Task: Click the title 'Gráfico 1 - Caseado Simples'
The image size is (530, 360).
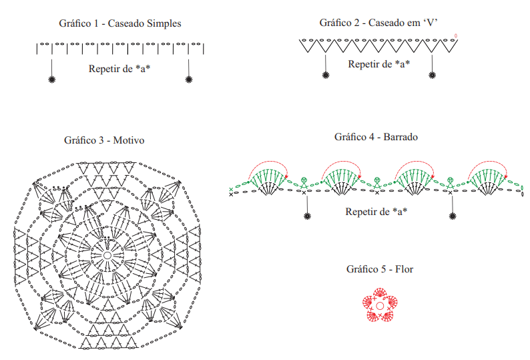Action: click(x=120, y=23)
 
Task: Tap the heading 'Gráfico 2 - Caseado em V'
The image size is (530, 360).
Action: click(x=378, y=23)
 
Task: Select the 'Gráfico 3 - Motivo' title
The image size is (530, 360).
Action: click(x=104, y=140)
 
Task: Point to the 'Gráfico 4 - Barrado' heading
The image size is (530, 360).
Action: click(x=376, y=137)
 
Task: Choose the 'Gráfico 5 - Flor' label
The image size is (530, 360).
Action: click(x=380, y=269)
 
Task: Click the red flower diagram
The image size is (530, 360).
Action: click(x=380, y=305)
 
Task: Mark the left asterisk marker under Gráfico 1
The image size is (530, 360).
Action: click(x=51, y=79)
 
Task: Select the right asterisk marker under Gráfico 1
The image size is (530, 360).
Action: click(x=189, y=79)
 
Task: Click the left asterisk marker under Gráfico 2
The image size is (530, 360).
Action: click(x=326, y=75)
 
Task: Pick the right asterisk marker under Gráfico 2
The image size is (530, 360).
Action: click(x=432, y=75)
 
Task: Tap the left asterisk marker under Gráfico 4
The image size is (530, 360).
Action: click(x=307, y=216)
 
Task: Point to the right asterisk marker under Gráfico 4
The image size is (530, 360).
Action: click(x=453, y=216)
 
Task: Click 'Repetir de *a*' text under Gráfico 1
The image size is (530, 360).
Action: click(x=119, y=69)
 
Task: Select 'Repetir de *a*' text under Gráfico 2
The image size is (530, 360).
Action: click(x=379, y=64)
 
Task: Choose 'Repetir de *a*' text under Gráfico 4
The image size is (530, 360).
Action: click(x=376, y=212)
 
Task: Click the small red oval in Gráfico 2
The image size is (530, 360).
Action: click(x=456, y=35)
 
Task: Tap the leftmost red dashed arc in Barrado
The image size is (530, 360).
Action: click(x=268, y=162)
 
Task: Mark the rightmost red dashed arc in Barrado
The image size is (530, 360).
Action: click(x=488, y=162)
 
